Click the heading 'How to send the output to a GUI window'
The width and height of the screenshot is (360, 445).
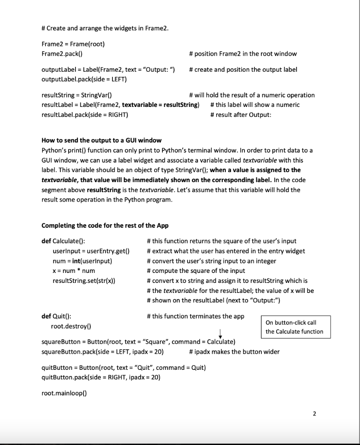[x=101, y=140]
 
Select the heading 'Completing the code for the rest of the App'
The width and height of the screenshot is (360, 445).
[x=105, y=225]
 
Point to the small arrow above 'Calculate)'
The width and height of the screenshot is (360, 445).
[x=221, y=334]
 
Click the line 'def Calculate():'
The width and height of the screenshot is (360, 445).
[x=63, y=241]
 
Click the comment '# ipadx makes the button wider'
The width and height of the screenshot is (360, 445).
[x=234, y=352]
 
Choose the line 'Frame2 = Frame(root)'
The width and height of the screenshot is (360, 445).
[x=73, y=44]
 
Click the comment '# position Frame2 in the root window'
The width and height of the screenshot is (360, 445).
[x=243, y=53]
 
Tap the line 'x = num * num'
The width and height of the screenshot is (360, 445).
[x=73, y=271]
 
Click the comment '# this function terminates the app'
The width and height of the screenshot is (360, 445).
[x=195, y=316]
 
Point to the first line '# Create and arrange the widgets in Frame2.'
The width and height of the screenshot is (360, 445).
[x=105, y=29]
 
